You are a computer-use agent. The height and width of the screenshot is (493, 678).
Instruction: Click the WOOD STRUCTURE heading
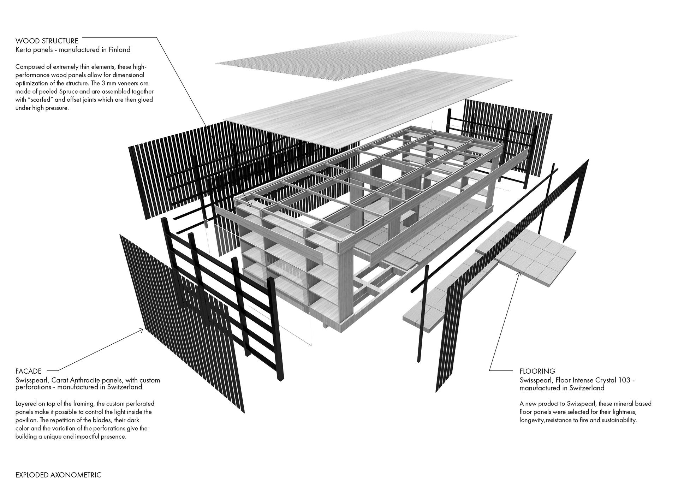(x=47, y=41)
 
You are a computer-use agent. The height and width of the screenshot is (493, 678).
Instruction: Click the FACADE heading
(x=29, y=371)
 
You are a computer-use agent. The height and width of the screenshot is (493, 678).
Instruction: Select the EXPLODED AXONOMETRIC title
(x=58, y=475)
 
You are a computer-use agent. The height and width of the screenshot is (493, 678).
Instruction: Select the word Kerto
(x=24, y=50)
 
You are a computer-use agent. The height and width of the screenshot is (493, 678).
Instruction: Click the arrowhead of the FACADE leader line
(x=142, y=330)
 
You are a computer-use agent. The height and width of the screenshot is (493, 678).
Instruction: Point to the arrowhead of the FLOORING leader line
(x=519, y=274)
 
